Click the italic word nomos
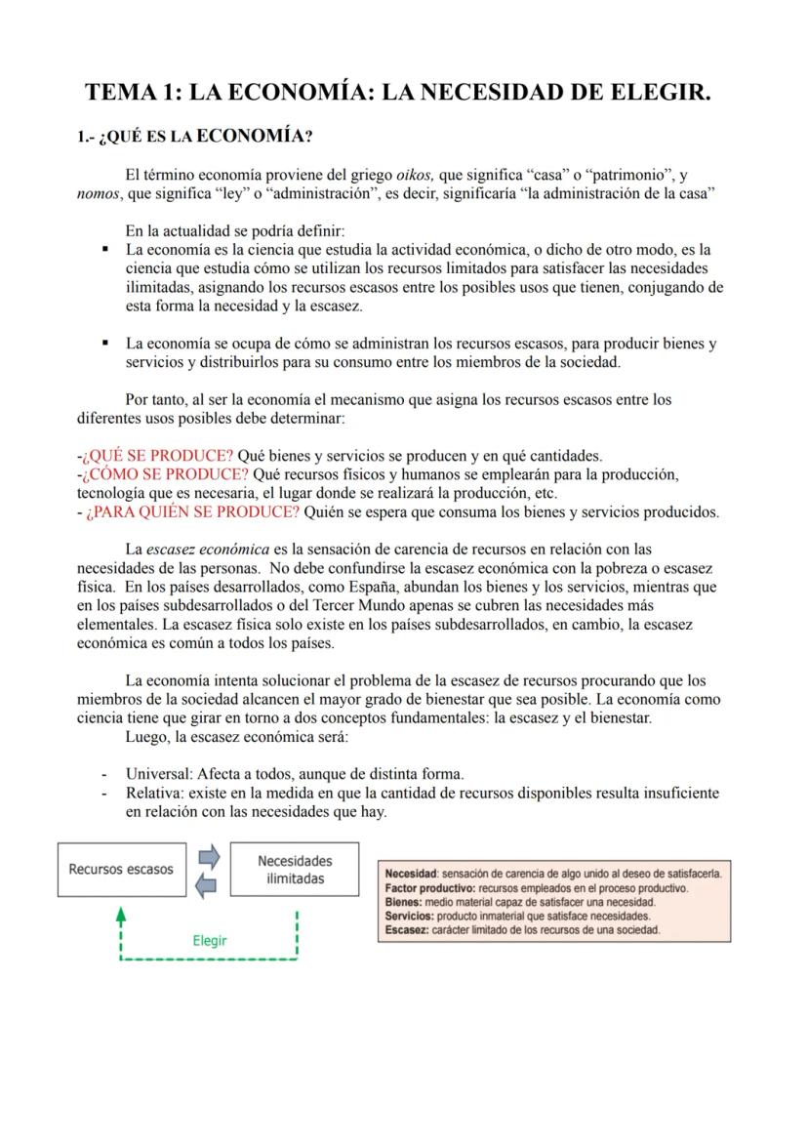pyautogui.click(x=99, y=193)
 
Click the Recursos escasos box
pyautogui.click(x=121, y=869)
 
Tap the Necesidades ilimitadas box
pyautogui.click(x=295, y=869)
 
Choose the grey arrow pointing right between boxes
pyautogui.click(x=210, y=857)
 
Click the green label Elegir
pyautogui.click(x=209, y=941)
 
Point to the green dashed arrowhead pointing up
pyautogui.click(x=120, y=916)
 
